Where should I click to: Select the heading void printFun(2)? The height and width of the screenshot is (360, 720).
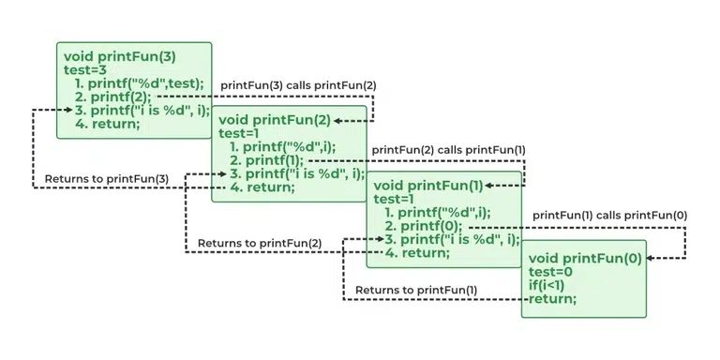(x=272, y=119)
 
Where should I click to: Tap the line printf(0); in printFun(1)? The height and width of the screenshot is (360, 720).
(x=423, y=226)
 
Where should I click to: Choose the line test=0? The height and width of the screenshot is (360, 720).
(x=552, y=272)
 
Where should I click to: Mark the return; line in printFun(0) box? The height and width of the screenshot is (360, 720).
(x=552, y=299)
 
